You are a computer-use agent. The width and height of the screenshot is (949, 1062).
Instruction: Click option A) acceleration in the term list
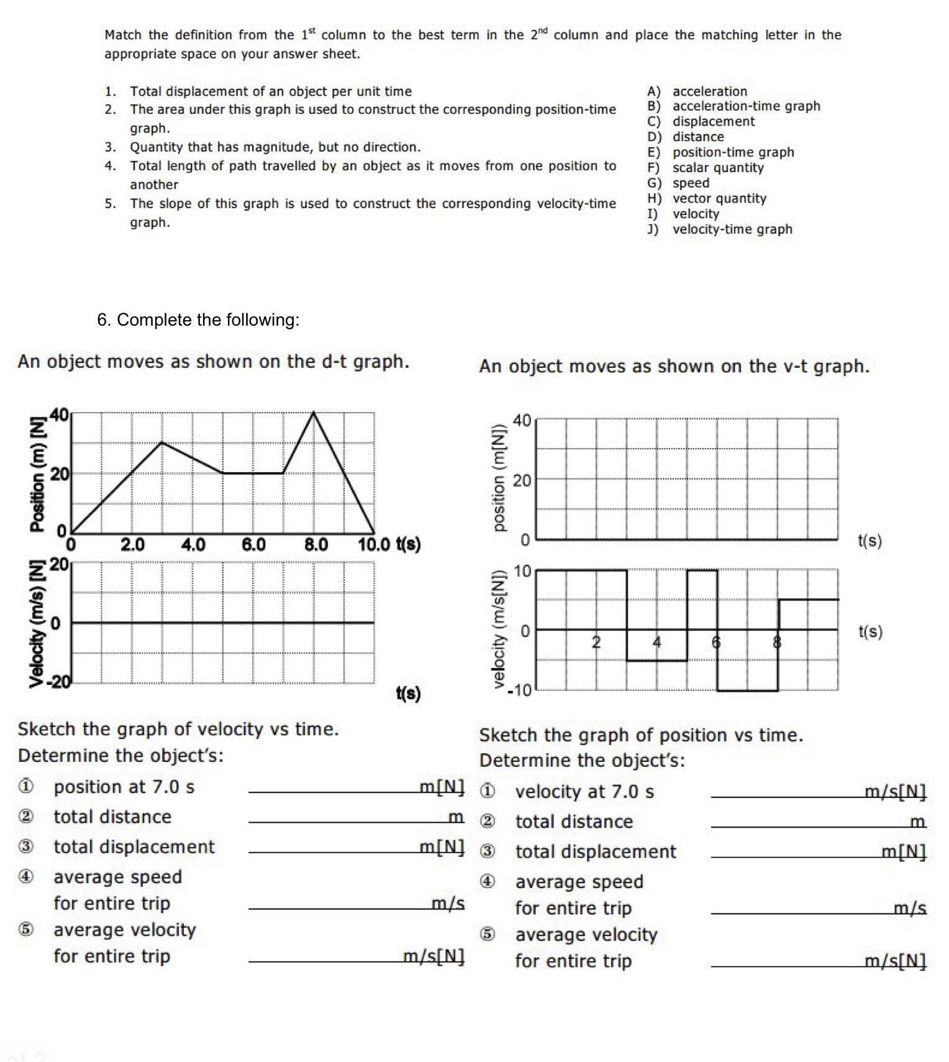(x=697, y=91)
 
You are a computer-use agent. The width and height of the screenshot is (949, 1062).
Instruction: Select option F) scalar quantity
(x=706, y=168)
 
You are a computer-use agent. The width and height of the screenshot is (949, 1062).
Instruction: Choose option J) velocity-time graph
(x=719, y=229)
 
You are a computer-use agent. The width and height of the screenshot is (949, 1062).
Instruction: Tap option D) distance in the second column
(x=686, y=137)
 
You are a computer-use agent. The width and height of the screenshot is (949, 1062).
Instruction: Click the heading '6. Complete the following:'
(x=198, y=320)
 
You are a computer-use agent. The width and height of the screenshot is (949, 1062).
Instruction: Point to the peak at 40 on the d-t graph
(x=314, y=413)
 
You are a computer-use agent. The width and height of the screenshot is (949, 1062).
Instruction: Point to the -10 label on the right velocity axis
(x=519, y=690)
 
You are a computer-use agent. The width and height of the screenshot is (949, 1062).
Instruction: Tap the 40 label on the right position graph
(x=522, y=421)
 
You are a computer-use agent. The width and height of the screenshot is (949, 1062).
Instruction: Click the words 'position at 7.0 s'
(x=124, y=787)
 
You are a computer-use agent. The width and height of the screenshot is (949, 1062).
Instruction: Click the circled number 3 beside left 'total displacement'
(x=25, y=847)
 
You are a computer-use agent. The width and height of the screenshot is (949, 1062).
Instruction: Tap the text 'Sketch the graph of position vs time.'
(x=641, y=735)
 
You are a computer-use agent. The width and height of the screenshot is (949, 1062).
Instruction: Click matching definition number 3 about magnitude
(x=275, y=147)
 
